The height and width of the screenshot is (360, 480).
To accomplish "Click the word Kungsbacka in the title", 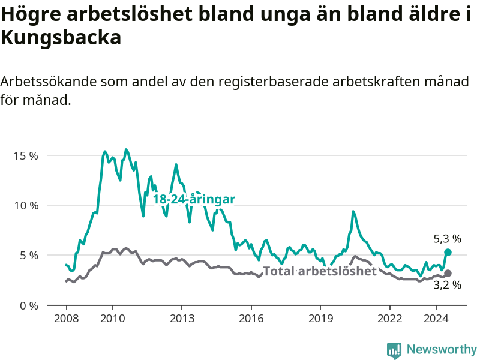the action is [61, 38].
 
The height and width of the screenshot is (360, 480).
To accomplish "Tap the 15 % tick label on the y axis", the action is [26, 156].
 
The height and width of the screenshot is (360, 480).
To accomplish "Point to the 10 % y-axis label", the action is [26, 205].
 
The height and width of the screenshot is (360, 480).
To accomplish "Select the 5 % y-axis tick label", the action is [29, 256].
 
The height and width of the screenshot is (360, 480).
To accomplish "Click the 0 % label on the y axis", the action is [29, 305].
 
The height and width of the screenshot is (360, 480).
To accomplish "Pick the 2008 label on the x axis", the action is [67, 319].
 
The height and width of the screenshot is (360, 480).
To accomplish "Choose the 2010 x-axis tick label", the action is [113, 319].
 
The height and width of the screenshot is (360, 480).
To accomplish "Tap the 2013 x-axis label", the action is [182, 319].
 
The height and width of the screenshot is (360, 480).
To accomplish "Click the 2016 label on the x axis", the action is [251, 319].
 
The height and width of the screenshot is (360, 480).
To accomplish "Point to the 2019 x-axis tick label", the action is [320, 319].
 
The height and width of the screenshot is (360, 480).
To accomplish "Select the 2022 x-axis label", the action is [389, 319].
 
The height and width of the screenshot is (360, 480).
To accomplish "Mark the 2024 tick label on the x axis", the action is [436, 319].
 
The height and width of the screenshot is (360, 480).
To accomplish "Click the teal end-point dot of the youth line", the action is [448, 252].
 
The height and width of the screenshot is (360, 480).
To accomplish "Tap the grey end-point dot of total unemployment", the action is [448, 274].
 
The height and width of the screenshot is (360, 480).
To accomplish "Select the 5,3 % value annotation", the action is [447, 239].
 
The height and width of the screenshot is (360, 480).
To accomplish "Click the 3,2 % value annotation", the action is [447, 285].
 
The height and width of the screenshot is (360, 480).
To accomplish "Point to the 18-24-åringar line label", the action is [194, 199].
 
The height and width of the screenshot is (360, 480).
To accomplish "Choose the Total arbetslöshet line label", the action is [320, 271].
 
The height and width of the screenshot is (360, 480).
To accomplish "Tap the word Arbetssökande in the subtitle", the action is [49, 82].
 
